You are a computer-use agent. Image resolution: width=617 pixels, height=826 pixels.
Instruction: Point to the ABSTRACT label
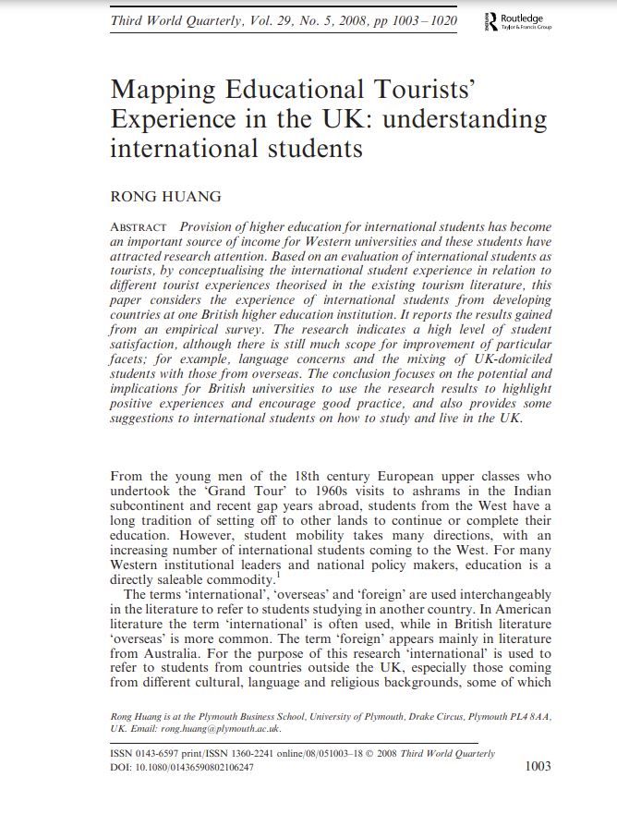(x=139, y=227)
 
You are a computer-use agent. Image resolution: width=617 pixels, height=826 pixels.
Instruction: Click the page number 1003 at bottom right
(x=537, y=766)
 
